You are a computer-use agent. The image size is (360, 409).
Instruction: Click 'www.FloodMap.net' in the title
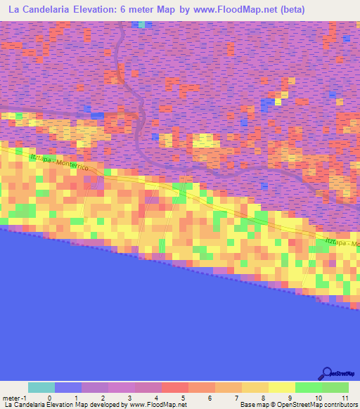(x=263, y=10)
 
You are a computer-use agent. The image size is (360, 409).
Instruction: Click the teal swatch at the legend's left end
(x=41, y=387)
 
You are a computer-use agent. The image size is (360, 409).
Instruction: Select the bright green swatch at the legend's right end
(x=335, y=387)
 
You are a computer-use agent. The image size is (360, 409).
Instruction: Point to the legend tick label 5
(x=183, y=398)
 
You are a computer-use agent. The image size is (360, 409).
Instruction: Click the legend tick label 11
(x=344, y=398)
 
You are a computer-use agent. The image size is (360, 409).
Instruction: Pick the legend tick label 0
(x=49, y=398)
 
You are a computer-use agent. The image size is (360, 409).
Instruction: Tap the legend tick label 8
(x=263, y=398)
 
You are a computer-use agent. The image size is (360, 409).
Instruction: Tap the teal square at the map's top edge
(x=143, y=25)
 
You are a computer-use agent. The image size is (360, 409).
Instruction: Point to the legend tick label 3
(x=129, y=398)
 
